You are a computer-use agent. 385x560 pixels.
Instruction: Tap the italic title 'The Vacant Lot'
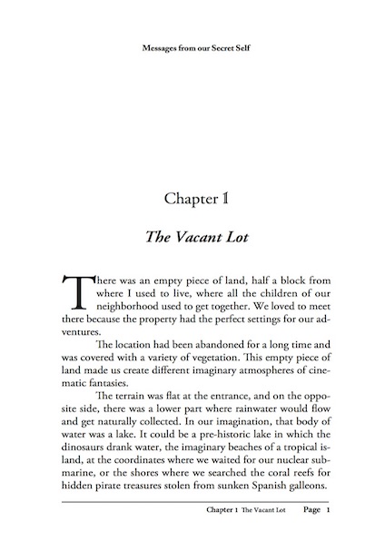[x=192, y=237]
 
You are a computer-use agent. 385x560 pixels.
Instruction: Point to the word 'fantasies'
[x=103, y=398]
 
